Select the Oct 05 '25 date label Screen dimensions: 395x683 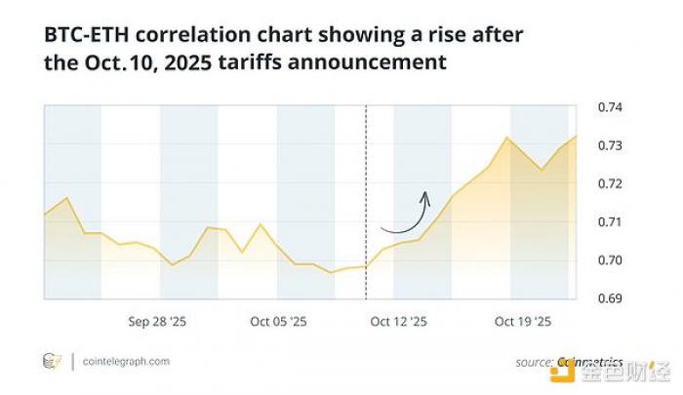tap(278, 321)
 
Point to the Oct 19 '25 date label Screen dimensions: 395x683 tap(523, 321)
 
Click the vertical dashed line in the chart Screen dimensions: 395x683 tap(366, 195)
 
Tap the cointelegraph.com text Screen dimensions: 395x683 tap(127, 361)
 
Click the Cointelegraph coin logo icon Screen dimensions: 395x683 tap(52, 361)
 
